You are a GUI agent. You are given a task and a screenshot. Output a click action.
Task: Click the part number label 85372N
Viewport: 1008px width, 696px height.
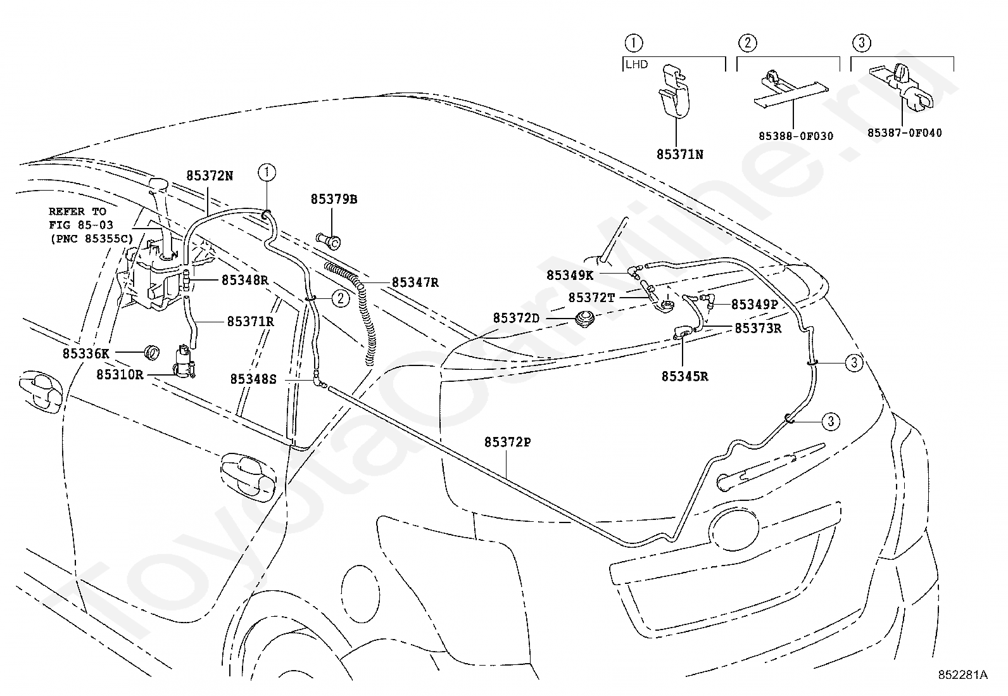coord(210,175)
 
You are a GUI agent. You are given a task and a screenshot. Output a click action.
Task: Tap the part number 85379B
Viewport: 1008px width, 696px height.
coord(334,199)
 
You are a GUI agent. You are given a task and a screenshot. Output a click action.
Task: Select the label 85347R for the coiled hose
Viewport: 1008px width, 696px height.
coord(415,282)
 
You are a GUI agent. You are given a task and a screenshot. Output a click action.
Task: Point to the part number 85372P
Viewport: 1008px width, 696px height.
coord(508,442)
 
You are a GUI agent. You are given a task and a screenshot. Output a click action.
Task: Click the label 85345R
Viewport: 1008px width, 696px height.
coord(684,376)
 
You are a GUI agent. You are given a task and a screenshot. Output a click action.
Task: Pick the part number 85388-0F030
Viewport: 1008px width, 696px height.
coord(796,136)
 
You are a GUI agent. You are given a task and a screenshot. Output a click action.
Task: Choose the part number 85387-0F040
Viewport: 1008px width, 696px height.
coord(905,133)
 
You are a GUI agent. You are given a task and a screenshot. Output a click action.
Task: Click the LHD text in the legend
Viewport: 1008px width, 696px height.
coord(637,65)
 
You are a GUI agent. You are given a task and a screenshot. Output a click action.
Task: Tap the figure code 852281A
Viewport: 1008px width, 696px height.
coord(962,674)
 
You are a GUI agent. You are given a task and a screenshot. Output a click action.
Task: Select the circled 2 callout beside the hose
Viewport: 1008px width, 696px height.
coord(341,298)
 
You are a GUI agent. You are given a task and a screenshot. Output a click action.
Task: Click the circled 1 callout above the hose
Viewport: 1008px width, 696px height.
coord(267,172)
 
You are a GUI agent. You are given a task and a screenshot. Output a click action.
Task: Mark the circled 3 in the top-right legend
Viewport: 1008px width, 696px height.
coord(861,43)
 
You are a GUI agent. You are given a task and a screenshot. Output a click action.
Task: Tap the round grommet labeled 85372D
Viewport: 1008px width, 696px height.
coord(584,318)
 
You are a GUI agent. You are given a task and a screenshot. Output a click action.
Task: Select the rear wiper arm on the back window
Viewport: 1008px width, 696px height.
coord(770,468)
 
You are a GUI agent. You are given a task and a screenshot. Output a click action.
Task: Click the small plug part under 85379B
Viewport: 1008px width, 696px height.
coord(329,241)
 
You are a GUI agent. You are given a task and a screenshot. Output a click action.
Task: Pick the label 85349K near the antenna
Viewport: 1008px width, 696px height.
coord(570,275)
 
